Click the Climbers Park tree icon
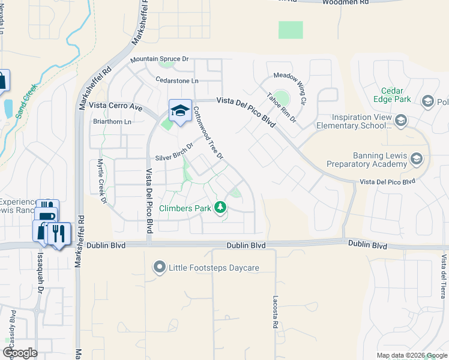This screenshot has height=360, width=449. pyautogui.click(x=221, y=208)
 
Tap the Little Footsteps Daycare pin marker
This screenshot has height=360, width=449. pyautogui.click(x=159, y=266)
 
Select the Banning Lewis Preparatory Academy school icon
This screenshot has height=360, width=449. pyautogui.click(x=417, y=159)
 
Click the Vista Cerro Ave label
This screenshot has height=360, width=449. pyautogui.click(x=115, y=106)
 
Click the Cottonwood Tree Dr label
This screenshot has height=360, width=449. pyautogui.click(x=208, y=133)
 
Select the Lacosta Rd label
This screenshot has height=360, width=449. pyautogui.click(x=275, y=311)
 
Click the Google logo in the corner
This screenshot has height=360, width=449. pyautogui.click(x=20, y=352)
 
